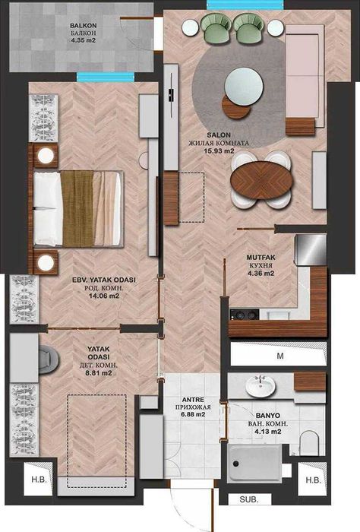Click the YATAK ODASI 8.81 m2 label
pyautogui.click(x=99, y=363)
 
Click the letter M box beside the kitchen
pyautogui.click(x=279, y=356)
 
